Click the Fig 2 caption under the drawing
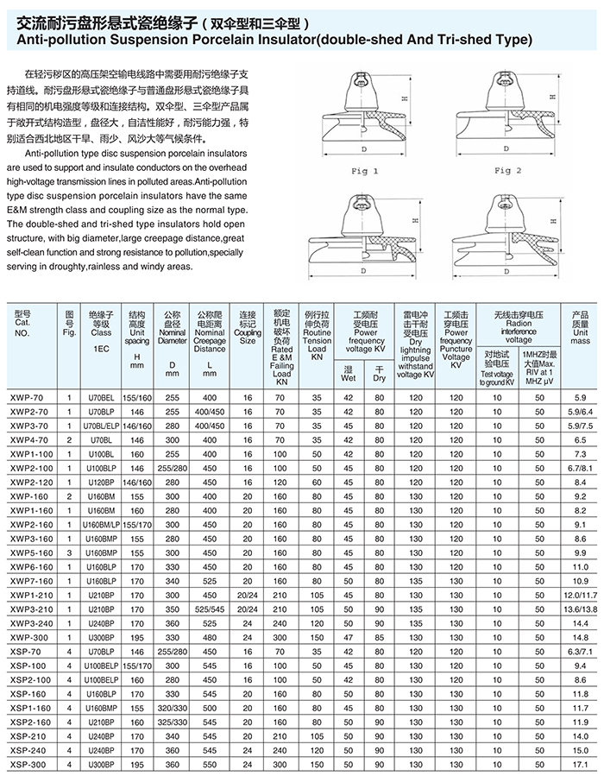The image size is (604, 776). pos(507,171)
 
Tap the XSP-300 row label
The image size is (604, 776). pos(28,765)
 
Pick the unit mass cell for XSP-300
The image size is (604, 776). pos(579,765)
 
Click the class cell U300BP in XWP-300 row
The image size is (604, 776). pos(101,637)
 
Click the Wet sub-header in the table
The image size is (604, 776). pos(349,378)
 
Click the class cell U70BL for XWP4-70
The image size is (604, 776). pos(101,438)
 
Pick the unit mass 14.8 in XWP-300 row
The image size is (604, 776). pos(579,637)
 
